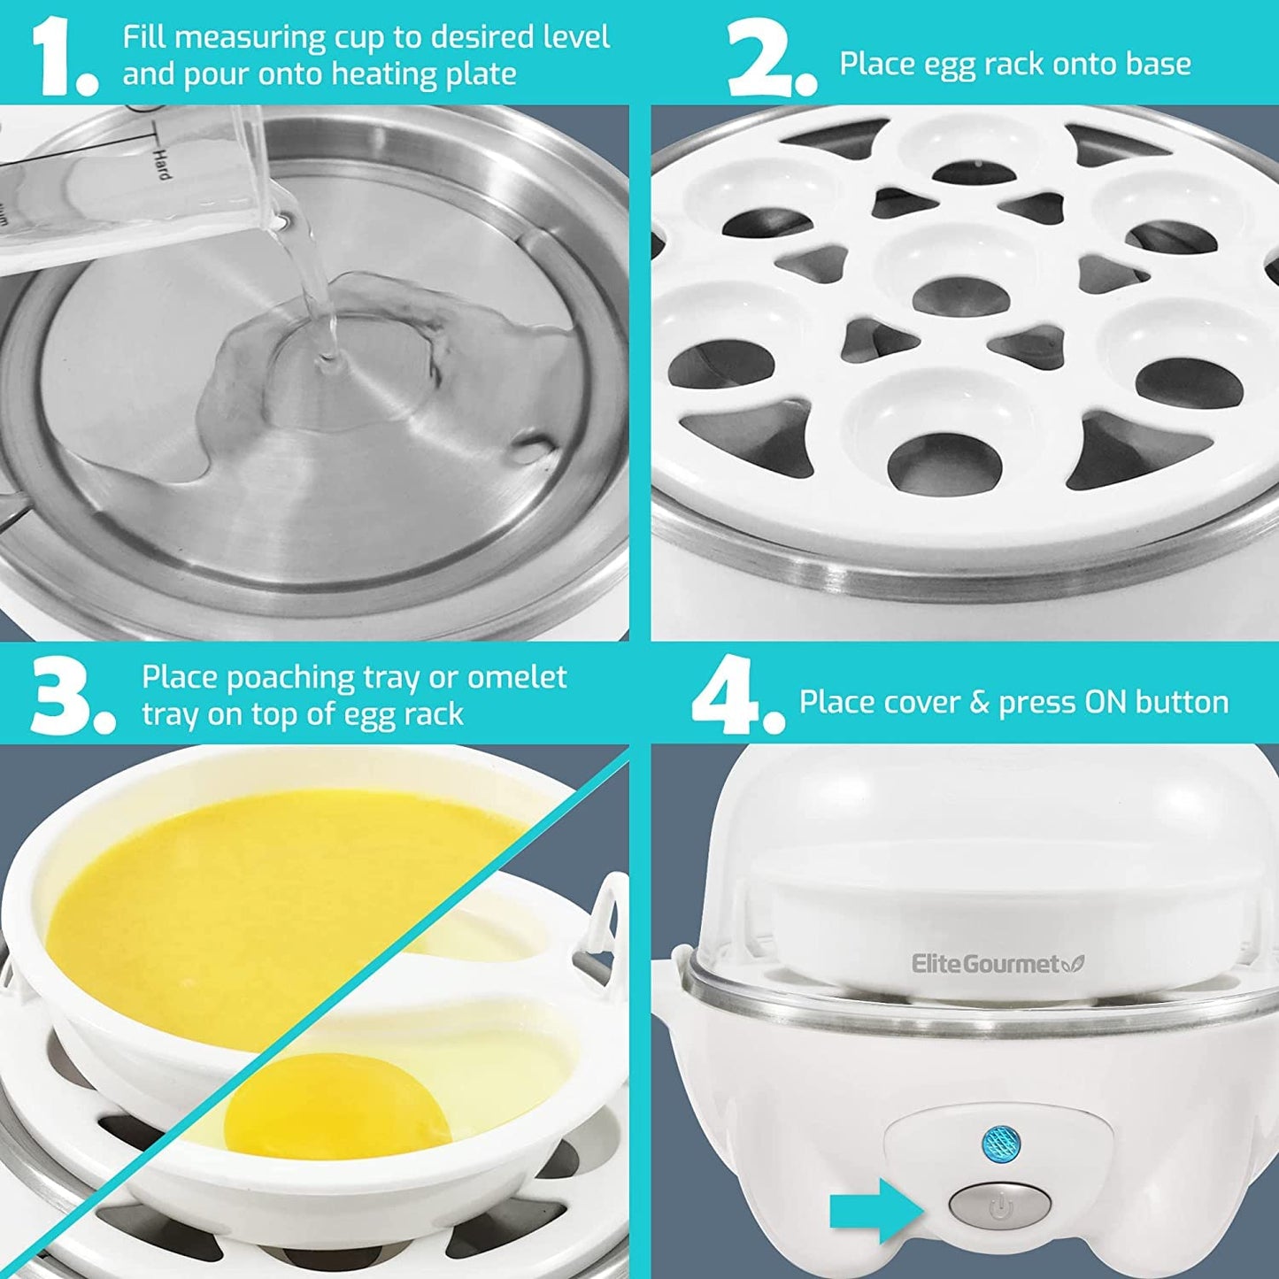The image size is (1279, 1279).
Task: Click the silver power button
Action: (999, 1206)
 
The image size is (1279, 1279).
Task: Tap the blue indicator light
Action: (1000, 1143)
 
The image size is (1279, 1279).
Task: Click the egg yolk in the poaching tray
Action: (312, 1112)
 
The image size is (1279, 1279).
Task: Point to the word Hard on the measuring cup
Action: (161, 164)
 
